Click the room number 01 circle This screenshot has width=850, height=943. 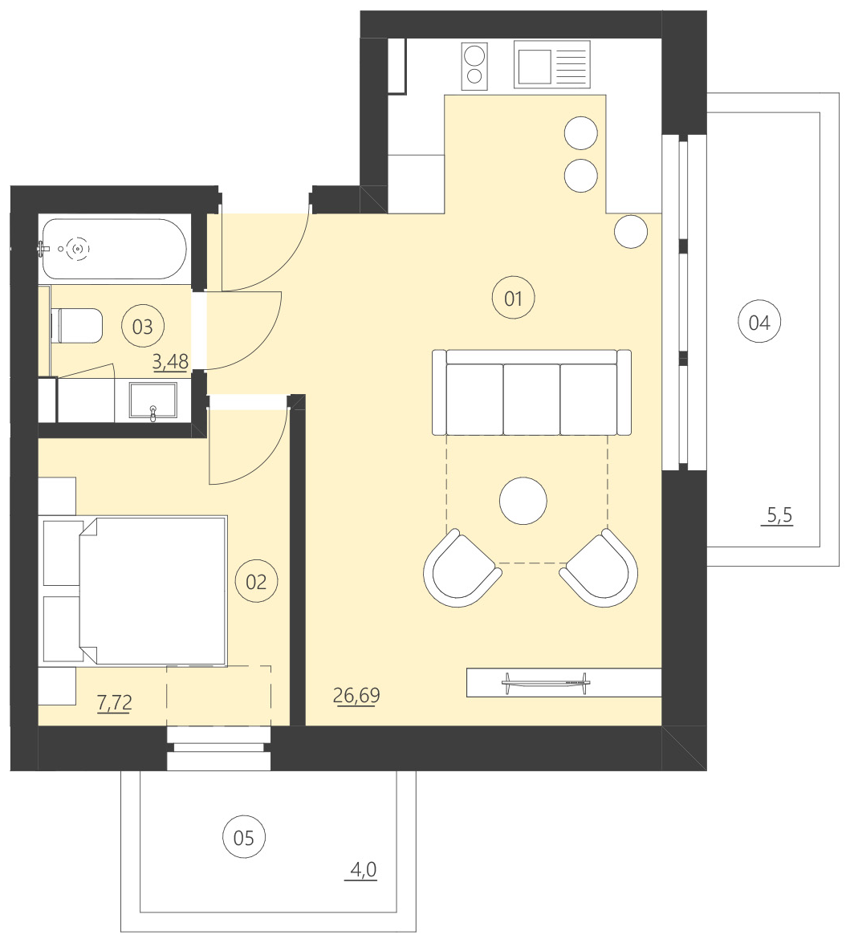(x=513, y=299)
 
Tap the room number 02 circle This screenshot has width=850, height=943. (x=256, y=580)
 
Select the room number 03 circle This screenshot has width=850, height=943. (x=142, y=327)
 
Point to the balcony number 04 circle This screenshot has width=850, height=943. (x=758, y=323)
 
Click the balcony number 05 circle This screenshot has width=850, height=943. (x=243, y=838)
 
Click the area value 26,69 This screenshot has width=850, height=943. (x=356, y=695)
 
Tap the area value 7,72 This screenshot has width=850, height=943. (x=114, y=703)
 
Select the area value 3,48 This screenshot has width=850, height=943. (x=170, y=361)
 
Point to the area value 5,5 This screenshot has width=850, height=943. (x=779, y=515)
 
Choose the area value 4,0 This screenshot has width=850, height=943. (x=363, y=869)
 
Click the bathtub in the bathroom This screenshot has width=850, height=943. (x=113, y=249)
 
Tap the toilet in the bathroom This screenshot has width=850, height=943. (x=77, y=326)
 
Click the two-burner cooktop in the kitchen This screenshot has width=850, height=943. (x=474, y=66)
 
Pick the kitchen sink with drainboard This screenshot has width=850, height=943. (x=552, y=66)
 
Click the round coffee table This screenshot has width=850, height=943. (x=523, y=501)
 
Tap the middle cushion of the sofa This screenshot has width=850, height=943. (x=531, y=399)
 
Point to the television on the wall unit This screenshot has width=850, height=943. (x=545, y=682)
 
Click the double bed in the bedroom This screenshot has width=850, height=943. (x=153, y=591)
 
